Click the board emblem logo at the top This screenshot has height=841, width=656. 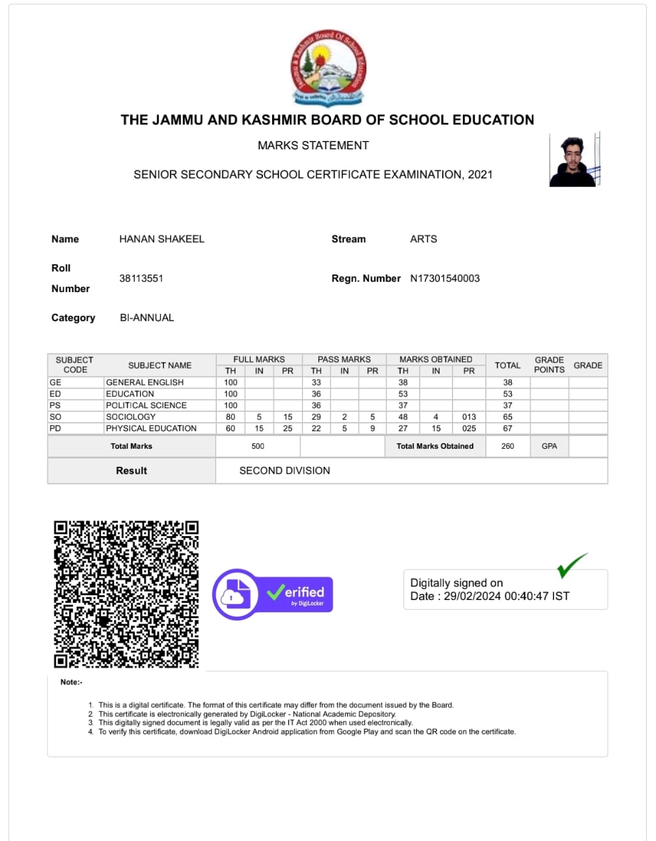click(328, 67)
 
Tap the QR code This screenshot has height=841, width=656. click(126, 594)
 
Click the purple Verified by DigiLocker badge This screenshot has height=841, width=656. click(273, 594)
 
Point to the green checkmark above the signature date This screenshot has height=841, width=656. click(572, 565)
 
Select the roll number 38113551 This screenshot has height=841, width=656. click(141, 278)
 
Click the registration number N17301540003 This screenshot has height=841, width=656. click(445, 278)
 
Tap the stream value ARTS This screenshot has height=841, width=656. click(423, 239)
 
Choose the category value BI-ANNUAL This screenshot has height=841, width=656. click(147, 318)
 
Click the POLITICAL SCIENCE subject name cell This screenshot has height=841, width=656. click(146, 405)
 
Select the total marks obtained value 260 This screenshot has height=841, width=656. click(508, 446)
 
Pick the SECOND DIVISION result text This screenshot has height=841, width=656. click(284, 471)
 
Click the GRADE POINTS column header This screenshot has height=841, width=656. click(549, 365)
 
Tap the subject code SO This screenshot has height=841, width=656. click(55, 417)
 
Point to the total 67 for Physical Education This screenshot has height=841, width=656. click(508, 428)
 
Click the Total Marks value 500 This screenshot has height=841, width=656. click(258, 446)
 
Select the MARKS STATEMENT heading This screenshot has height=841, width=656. click(313, 145)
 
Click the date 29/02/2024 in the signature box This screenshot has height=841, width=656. click(471, 596)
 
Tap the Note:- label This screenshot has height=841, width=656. click(71, 682)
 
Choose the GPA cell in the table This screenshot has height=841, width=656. click(549, 446)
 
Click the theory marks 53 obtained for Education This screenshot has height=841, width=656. click(403, 393)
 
